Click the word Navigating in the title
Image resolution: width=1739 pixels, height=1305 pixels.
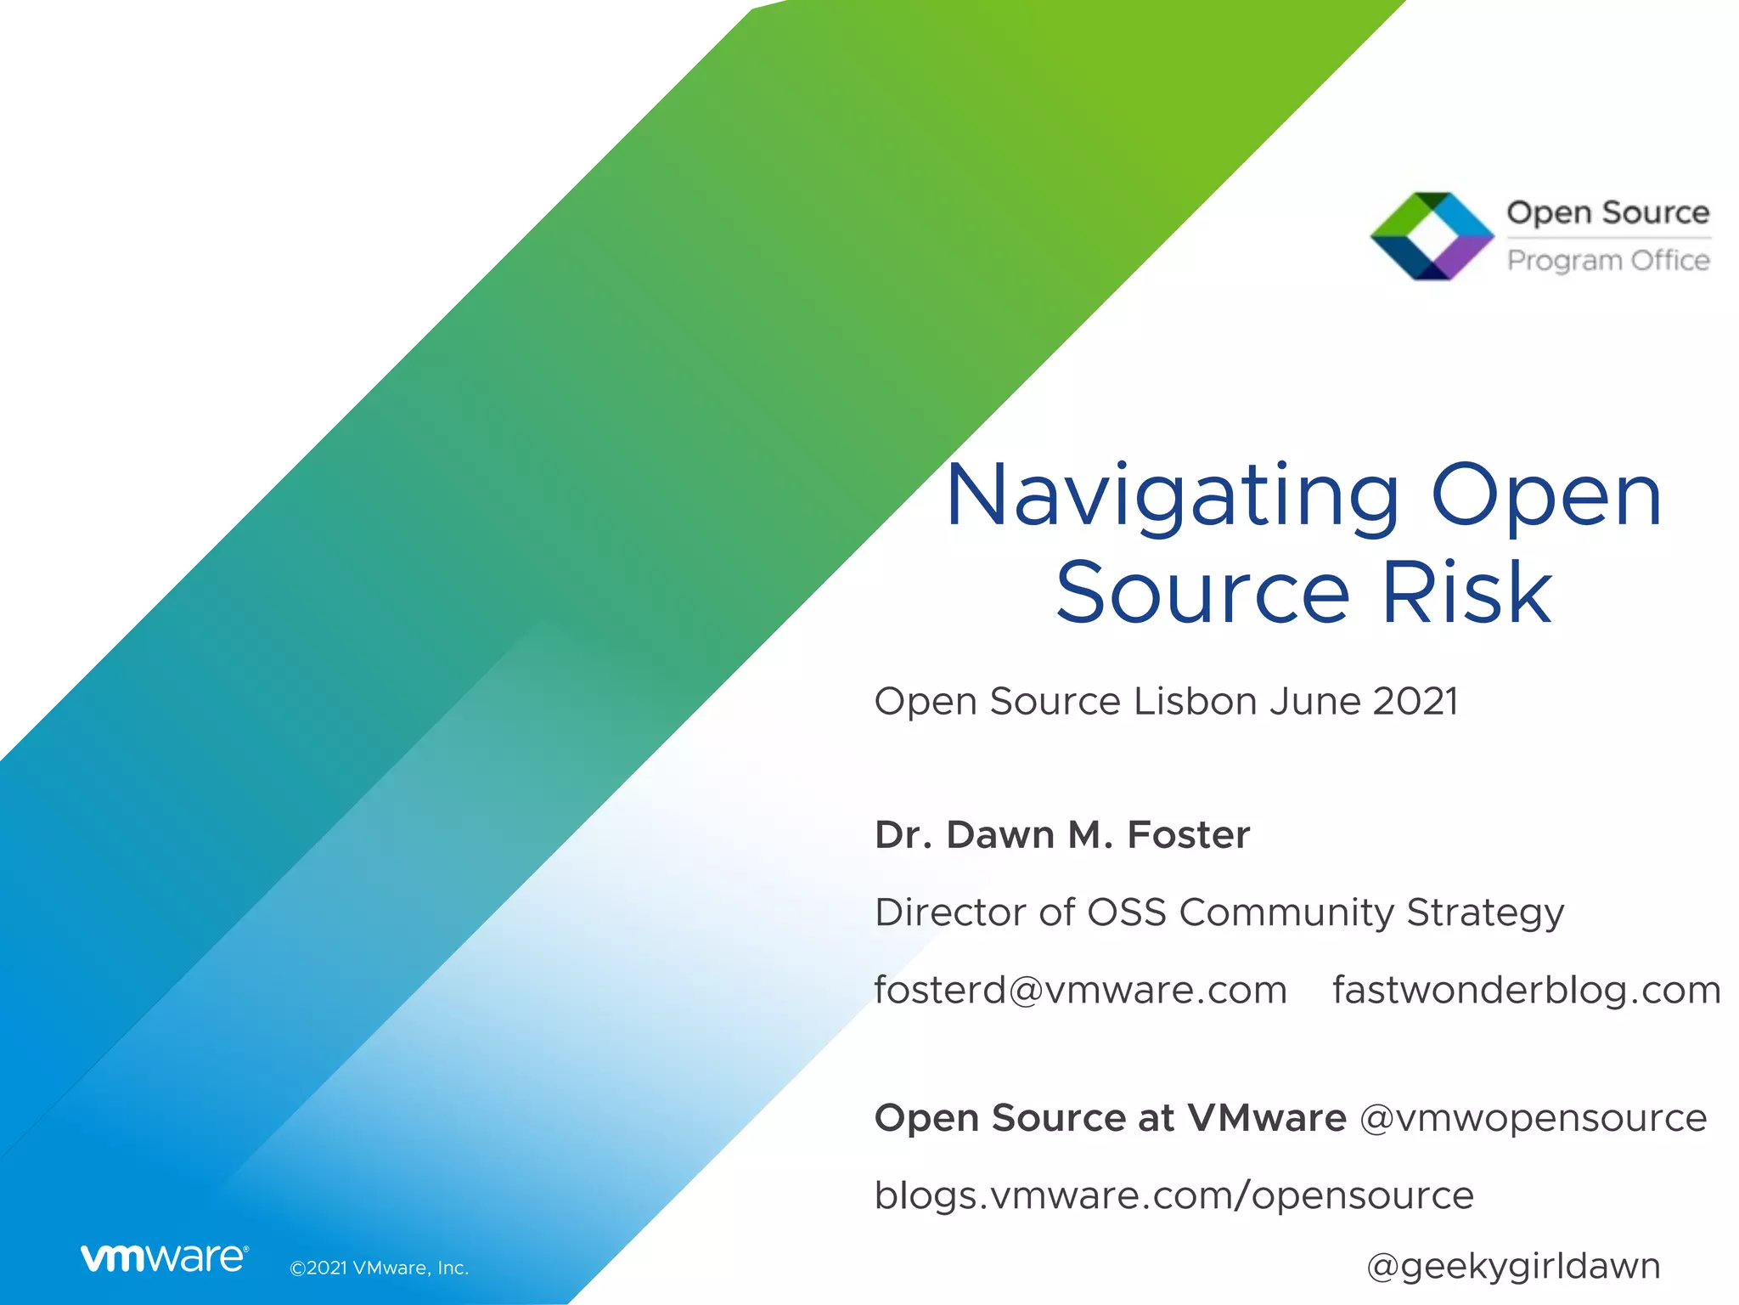tap(1172, 497)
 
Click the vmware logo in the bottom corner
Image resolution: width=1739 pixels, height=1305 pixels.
tap(164, 1258)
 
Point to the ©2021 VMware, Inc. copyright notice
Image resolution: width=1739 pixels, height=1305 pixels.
tap(379, 1268)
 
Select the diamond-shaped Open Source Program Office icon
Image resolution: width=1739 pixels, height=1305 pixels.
tap(1432, 236)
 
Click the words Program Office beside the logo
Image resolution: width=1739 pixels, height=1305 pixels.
tap(1607, 260)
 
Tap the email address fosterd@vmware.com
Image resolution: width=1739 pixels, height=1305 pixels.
tap(1080, 991)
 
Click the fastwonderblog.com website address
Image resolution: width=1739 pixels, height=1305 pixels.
tap(1526, 991)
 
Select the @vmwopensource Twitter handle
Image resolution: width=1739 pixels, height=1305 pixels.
tap(1533, 1119)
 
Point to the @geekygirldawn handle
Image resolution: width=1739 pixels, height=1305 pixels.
tap(1513, 1266)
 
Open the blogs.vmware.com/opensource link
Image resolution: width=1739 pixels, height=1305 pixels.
tap(1173, 1196)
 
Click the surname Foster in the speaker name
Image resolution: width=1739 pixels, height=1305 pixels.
tap(1188, 835)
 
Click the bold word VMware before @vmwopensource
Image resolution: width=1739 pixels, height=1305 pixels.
tap(1266, 1118)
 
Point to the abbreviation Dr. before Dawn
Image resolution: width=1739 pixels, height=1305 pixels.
tap(903, 835)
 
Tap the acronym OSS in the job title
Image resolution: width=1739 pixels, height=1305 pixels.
tap(1127, 912)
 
